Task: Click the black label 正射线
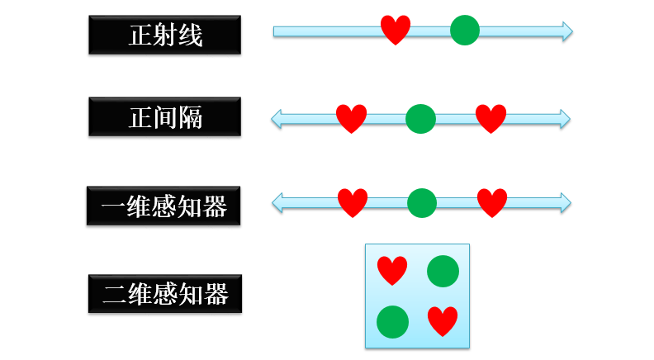(164, 35)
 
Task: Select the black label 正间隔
(164, 117)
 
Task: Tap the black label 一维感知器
(163, 206)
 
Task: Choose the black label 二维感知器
(164, 293)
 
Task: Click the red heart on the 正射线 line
(396, 30)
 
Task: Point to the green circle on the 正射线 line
(465, 31)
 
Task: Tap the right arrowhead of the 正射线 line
(566, 31)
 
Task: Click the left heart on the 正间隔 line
(351, 118)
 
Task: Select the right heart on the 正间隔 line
(490, 118)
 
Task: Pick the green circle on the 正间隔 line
(420, 119)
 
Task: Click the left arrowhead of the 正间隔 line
(277, 119)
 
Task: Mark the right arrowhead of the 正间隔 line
(564, 119)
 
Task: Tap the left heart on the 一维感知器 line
(353, 202)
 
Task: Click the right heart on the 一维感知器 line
(492, 202)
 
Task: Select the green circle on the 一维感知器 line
(422, 203)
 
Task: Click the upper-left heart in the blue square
(391, 270)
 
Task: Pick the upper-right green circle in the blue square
(443, 271)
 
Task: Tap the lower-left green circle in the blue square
(392, 322)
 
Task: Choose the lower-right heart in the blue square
(443, 320)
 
